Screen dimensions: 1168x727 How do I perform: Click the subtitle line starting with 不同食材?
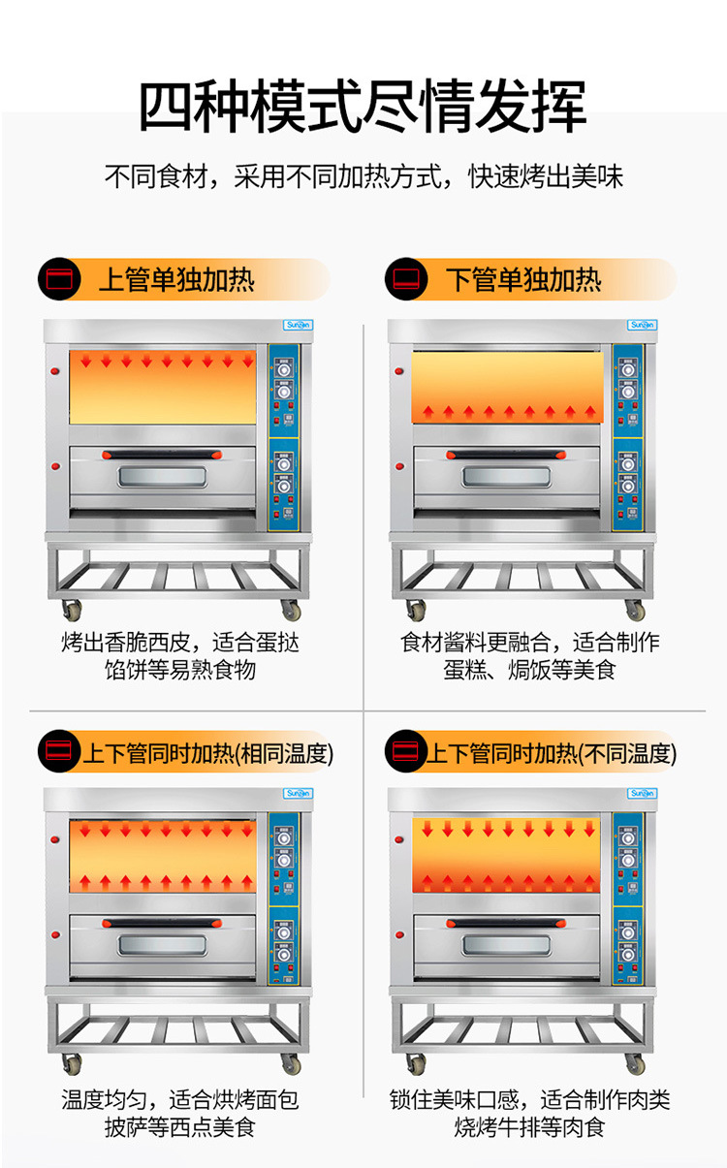click(363, 177)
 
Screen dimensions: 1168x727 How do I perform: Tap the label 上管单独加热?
click(176, 280)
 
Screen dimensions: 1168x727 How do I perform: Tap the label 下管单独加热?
click(523, 280)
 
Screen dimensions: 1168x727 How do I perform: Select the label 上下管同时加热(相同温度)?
click(207, 752)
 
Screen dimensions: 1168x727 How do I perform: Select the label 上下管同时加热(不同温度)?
click(553, 752)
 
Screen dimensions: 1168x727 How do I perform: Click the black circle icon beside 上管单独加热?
click(59, 280)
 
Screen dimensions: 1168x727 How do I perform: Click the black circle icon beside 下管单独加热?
click(405, 280)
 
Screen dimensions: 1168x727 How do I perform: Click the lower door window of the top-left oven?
click(162, 478)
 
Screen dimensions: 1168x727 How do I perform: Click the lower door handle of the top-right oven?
click(507, 454)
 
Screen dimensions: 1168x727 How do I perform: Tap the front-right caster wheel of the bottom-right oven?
click(635, 1065)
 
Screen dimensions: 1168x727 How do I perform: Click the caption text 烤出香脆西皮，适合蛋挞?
click(180, 643)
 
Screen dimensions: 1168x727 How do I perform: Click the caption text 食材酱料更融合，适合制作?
click(529, 643)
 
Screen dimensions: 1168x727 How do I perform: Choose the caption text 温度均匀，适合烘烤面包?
click(180, 1100)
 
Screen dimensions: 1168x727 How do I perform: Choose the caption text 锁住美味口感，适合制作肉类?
click(529, 1100)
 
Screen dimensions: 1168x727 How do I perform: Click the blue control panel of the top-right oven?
click(626, 436)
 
